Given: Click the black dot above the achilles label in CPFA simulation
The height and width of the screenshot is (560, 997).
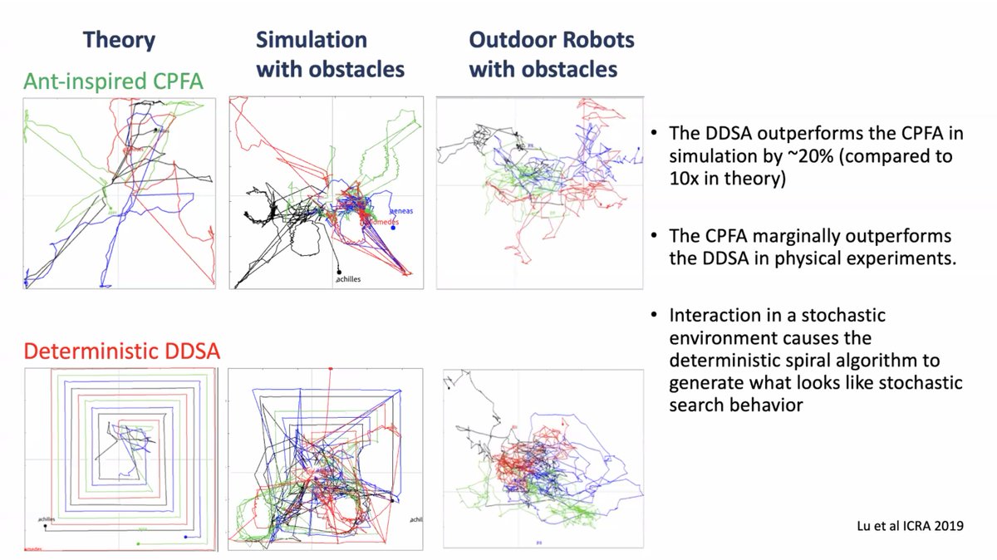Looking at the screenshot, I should click(339, 271).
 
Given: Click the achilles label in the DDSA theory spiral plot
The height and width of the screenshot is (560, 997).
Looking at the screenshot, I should click(47, 519).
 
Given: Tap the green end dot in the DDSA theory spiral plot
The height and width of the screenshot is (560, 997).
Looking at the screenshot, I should click(139, 543).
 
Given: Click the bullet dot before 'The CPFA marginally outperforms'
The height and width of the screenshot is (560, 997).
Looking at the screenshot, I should click(657, 237).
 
